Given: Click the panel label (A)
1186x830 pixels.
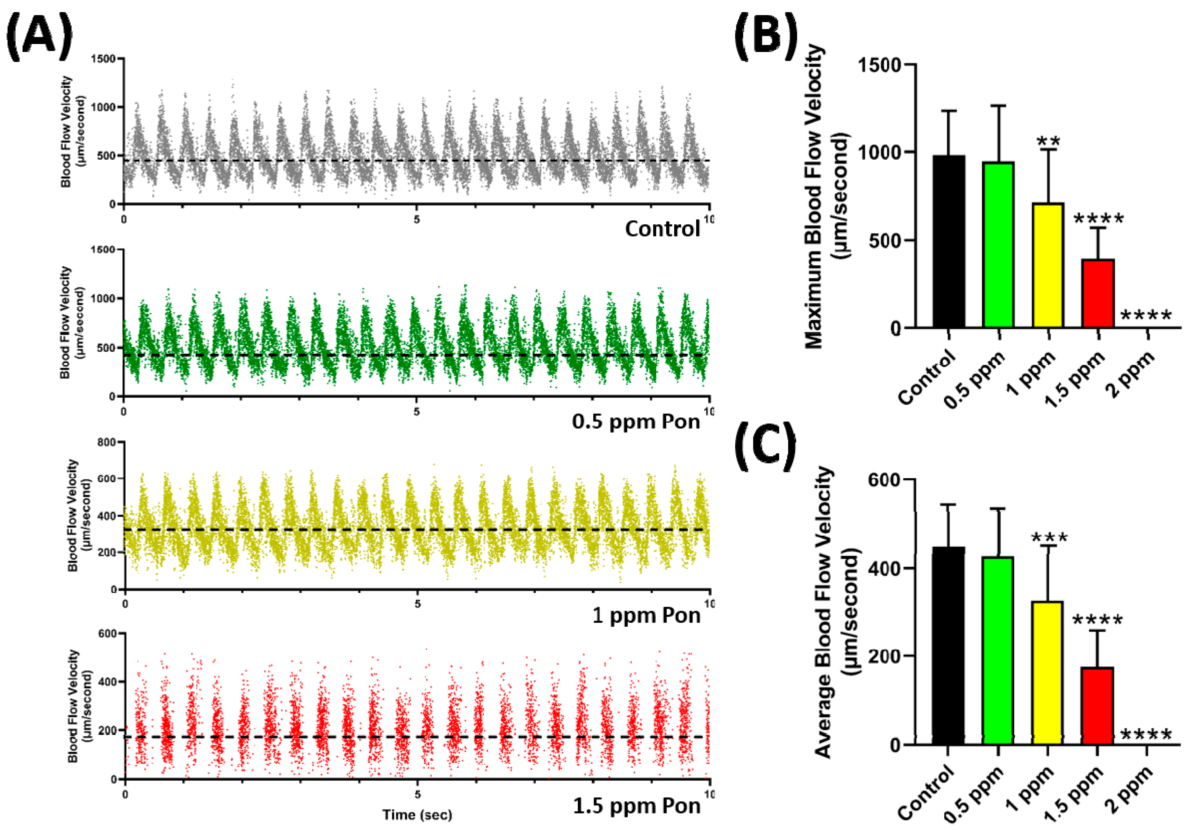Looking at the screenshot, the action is tap(40, 34).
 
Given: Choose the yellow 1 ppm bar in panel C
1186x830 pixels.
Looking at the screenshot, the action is tap(1048, 673).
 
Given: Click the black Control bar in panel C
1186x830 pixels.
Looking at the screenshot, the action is tap(949, 646).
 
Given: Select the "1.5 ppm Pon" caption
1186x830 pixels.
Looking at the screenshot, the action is tap(637, 806).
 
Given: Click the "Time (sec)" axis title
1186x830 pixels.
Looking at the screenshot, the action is tap(417, 815).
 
